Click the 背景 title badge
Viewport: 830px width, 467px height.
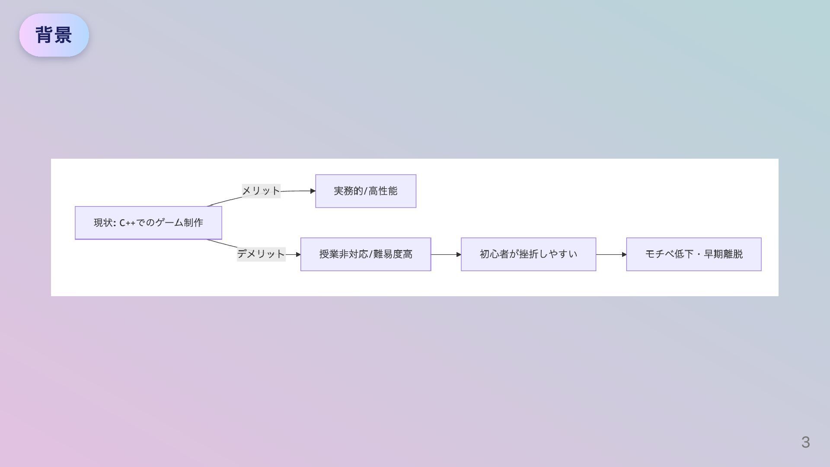click(54, 35)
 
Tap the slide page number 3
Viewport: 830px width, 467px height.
click(805, 442)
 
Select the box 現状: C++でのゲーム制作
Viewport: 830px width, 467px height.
click(148, 223)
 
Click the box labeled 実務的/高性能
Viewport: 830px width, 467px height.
click(366, 191)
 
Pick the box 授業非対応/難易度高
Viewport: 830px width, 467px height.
click(366, 254)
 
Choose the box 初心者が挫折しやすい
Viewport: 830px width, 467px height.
click(528, 254)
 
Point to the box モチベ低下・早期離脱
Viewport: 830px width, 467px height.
click(693, 254)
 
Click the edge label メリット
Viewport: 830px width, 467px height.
click(261, 191)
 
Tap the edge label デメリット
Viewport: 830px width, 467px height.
click(261, 254)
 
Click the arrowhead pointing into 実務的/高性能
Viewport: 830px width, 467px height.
click(313, 191)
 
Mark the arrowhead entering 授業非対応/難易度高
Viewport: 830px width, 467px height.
click(298, 254)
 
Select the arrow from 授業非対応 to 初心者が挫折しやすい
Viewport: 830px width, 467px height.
click(446, 254)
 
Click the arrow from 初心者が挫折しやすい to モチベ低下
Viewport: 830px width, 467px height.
click(611, 254)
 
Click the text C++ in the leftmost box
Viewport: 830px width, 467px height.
click(127, 223)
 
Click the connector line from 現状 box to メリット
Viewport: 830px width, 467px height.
click(225, 202)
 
